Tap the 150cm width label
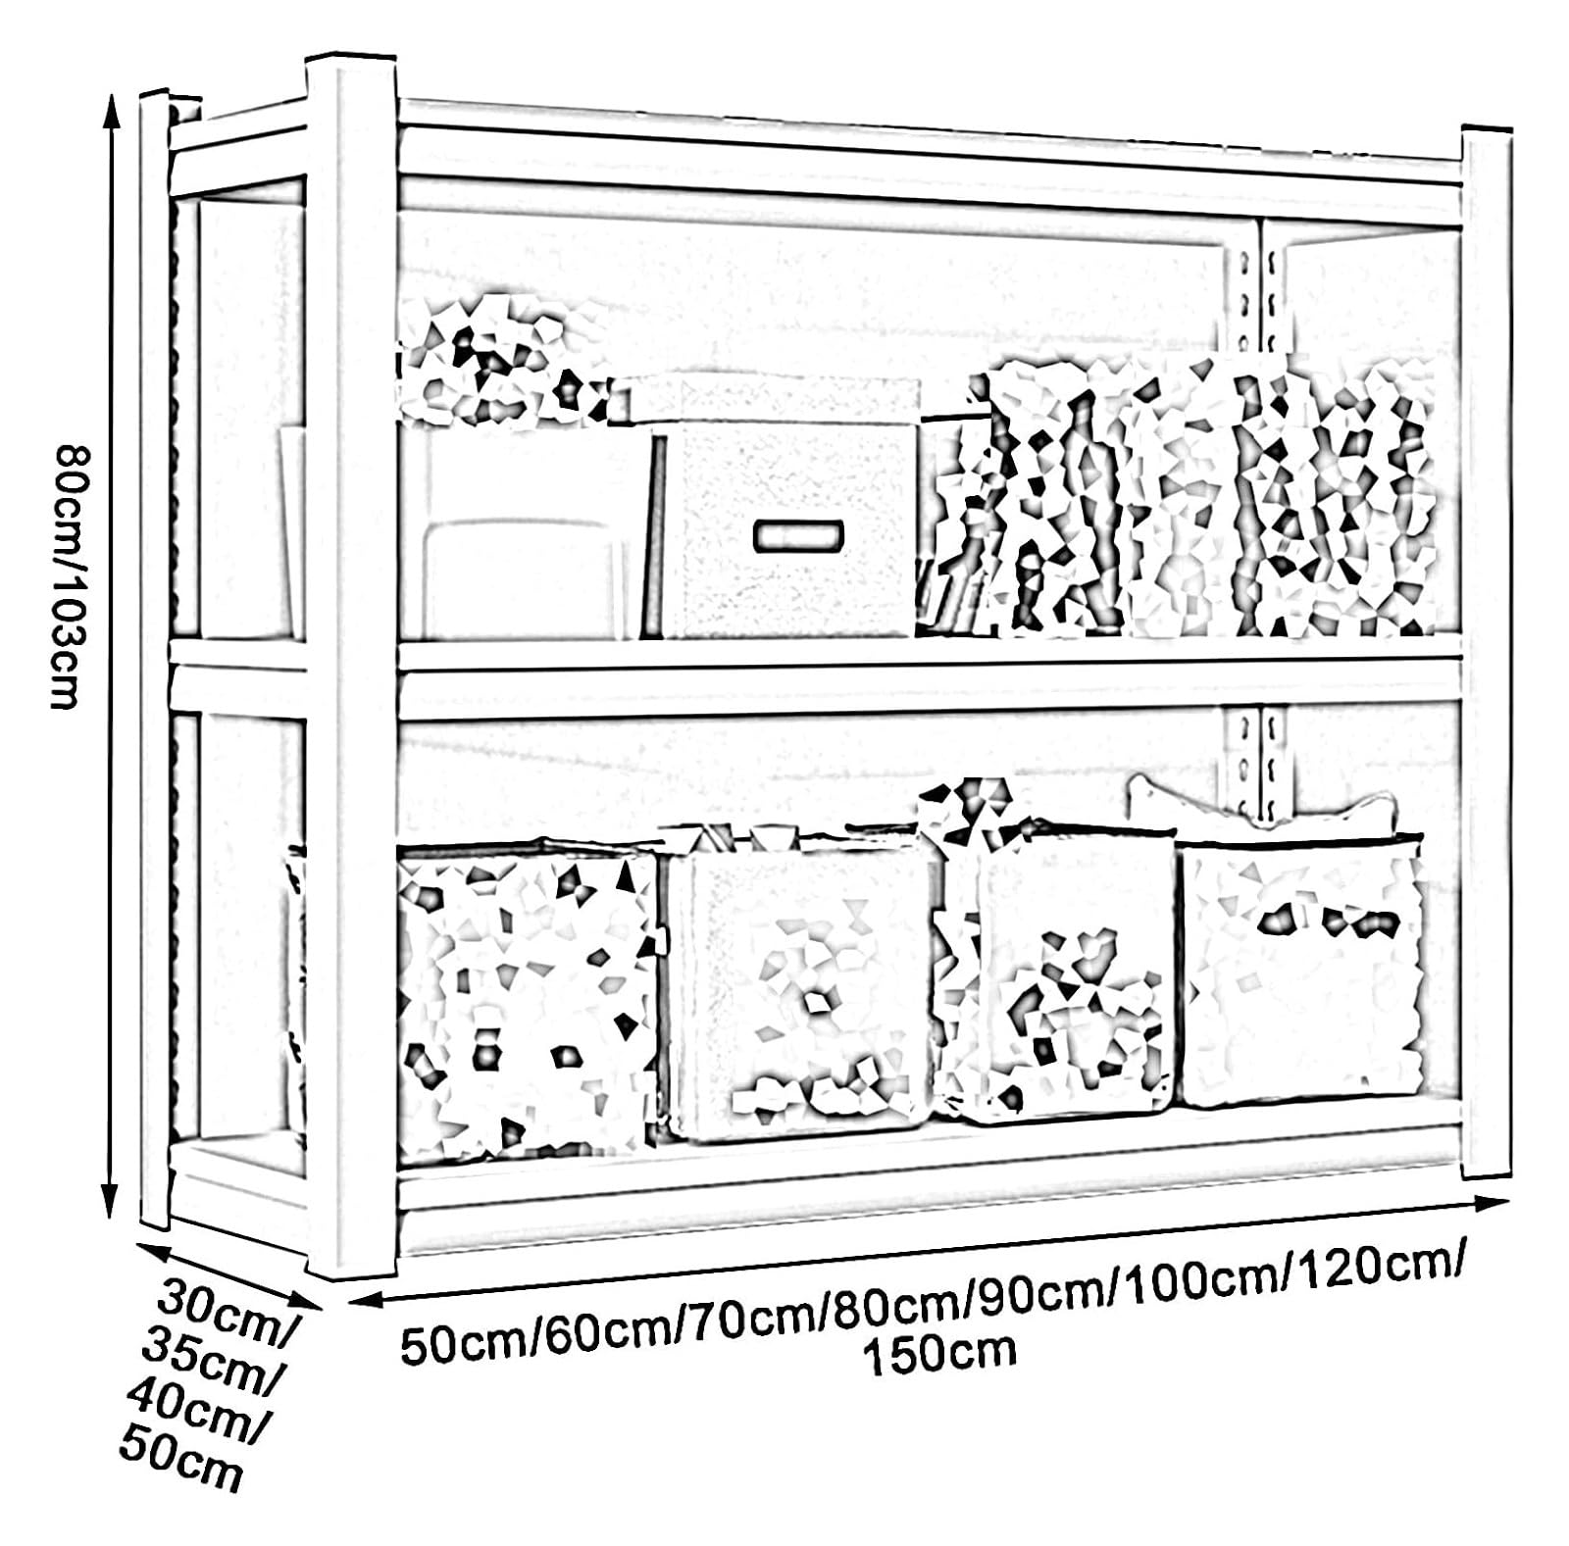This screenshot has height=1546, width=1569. tap(939, 1352)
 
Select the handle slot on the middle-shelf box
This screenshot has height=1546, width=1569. tap(798, 535)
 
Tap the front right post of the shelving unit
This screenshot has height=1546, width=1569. tap(1486, 652)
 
